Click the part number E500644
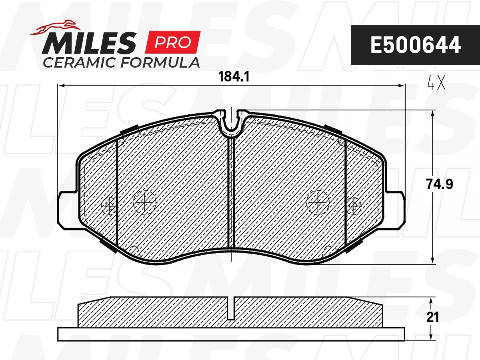(x=415, y=45)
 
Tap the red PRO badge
(x=172, y=42)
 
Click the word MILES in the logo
(x=89, y=43)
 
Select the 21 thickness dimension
(x=432, y=317)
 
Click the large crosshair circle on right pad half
(x=318, y=202)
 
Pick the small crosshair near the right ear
(x=353, y=206)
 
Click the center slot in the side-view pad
(x=231, y=309)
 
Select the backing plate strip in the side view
(x=231, y=334)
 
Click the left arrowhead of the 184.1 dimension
(x=61, y=85)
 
